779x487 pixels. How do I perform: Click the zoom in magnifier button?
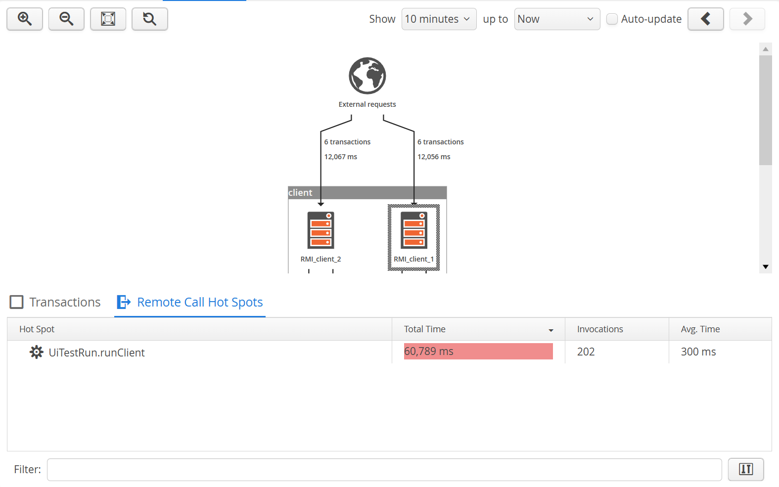[25, 19]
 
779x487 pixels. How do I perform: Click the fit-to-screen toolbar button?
[108, 19]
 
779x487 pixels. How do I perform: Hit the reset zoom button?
[149, 19]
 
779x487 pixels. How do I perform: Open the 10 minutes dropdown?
[439, 19]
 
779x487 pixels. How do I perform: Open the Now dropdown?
[557, 19]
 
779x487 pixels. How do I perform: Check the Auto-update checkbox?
[612, 19]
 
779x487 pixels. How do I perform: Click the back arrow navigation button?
[706, 19]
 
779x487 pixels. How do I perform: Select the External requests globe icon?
[367, 76]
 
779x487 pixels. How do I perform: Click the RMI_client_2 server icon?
[321, 230]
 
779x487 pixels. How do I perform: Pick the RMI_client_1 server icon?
[414, 230]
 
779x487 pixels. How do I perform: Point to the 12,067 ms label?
[340, 157]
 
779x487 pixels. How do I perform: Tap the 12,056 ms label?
[434, 157]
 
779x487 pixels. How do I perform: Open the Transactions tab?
[55, 302]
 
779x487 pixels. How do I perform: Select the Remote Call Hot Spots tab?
[190, 302]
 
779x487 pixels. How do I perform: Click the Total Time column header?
[478, 329]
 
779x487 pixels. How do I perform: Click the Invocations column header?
[617, 329]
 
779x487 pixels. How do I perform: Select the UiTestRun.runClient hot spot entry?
[96, 353]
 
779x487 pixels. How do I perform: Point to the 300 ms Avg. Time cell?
[698, 352]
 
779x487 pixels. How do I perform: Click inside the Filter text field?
[384, 470]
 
